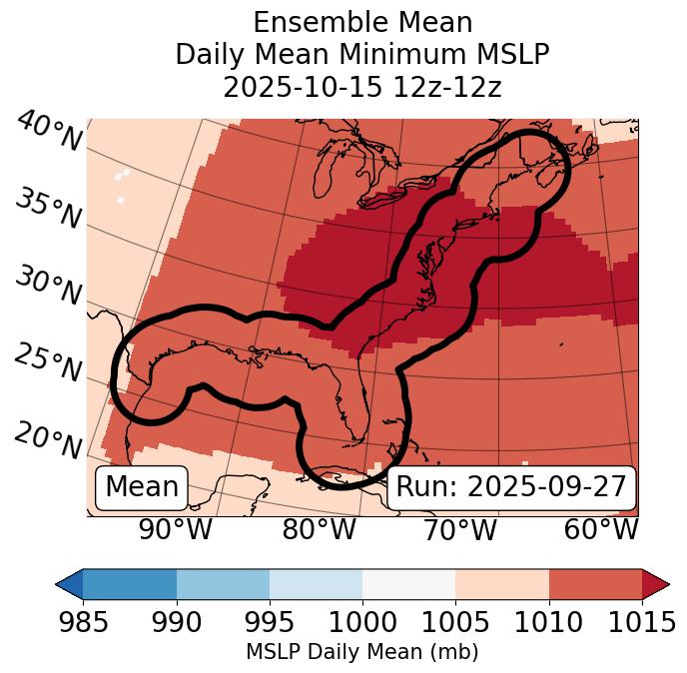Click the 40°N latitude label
(x=49, y=132)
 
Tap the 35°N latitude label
(x=47, y=209)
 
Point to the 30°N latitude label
(x=47, y=287)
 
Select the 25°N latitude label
(x=47, y=363)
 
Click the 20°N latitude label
(x=47, y=440)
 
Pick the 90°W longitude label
(x=176, y=530)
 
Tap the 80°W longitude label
(x=319, y=530)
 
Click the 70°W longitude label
(x=459, y=530)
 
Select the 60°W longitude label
(x=601, y=530)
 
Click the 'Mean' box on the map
(x=142, y=487)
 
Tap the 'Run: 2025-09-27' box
(x=510, y=487)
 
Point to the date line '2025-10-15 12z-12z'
(x=362, y=87)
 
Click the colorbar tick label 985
(x=83, y=623)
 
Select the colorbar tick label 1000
(x=362, y=623)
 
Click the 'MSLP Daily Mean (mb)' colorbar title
(x=362, y=653)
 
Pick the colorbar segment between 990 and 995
(x=223, y=584)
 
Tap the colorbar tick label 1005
(x=455, y=623)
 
